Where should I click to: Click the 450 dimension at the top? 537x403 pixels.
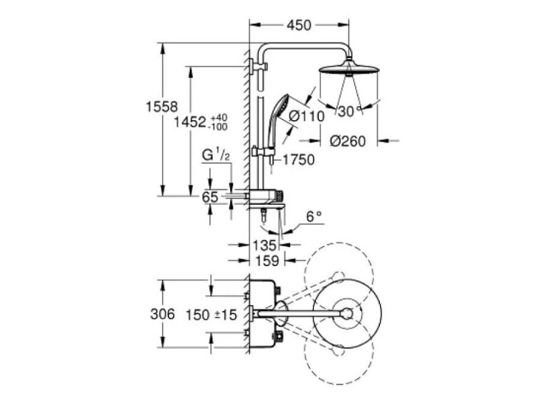point(299,26)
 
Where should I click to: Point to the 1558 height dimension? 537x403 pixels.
point(160,106)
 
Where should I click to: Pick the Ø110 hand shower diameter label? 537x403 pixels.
point(306,116)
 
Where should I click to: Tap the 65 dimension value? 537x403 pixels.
point(210,197)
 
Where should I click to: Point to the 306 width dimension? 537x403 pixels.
point(162,314)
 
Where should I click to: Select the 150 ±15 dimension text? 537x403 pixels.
point(212,314)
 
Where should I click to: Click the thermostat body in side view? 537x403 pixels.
point(266,196)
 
